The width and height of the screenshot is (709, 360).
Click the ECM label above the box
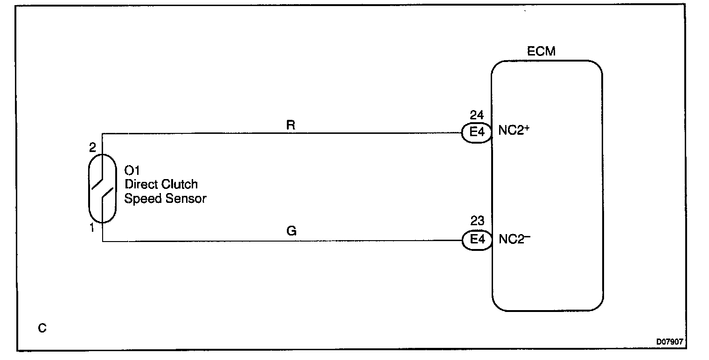(x=541, y=51)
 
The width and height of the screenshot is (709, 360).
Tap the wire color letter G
(x=292, y=231)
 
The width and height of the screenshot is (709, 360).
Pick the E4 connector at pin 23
(x=476, y=241)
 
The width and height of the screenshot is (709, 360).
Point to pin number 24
(x=477, y=115)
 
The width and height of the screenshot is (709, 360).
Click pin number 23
(x=477, y=221)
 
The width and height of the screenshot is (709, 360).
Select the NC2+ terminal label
(x=514, y=131)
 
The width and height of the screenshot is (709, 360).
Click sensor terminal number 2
(x=92, y=148)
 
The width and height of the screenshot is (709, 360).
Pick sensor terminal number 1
(x=92, y=228)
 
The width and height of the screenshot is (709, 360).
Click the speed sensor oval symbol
(x=102, y=188)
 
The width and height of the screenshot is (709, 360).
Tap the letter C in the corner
(x=42, y=329)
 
